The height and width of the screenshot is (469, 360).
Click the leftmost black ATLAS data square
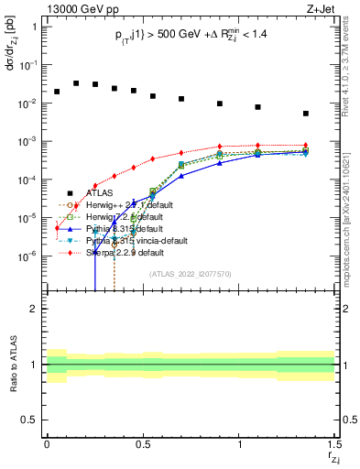pyautogui.click(x=57, y=92)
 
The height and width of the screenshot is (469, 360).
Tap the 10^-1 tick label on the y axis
pyautogui.click(x=29, y=65)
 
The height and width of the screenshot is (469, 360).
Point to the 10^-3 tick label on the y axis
pyautogui.click(x=29, y=141)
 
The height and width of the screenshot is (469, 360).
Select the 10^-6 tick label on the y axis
pyautogui.click(x=29, y=256)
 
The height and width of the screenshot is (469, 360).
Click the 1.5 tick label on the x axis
pyautogui.click(x=333, y=445)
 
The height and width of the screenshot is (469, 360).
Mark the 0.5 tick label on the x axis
pyautogui.click(x=143, y=445)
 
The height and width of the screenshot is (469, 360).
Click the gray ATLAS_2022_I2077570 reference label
pyautogui.click(x=191, y=274)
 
